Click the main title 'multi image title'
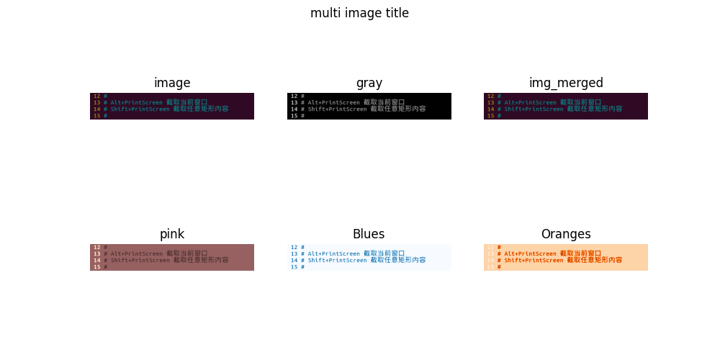click(x=359, y=13)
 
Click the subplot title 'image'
click(x=172, y=83)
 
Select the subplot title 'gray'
click(x=369, y=83)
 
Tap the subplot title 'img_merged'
click(x=565, y=83)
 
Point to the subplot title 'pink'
click(x=172, y=234)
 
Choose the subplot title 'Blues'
click(x=369, y=234)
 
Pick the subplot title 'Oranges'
click(x=565, y=234)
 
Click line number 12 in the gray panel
click(x=294, y=96)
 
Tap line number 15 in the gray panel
click(x=294, y=116)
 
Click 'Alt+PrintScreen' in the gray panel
click(x=333, y=103)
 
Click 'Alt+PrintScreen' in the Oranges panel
click(x=530, y=254)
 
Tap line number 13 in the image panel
click(x=96, y=103)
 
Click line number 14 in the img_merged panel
click(x=490, y=109)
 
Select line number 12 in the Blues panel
click(x=294, y=248)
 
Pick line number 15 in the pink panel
click(x=96, y=267)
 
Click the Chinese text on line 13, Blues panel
click(x=384, y=253)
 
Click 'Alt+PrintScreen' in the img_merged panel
click(x=530, y=103)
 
